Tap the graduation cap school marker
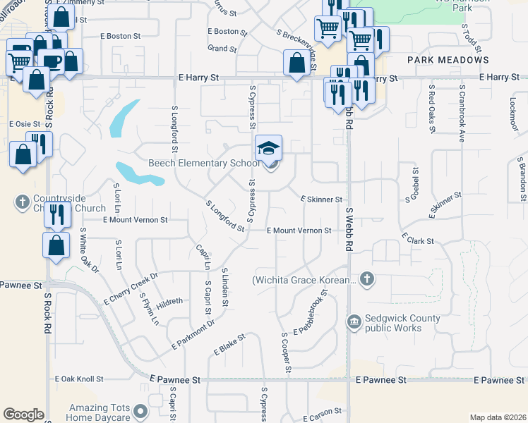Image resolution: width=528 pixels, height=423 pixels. tap(268, 148)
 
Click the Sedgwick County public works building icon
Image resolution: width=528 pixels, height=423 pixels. tap(354, 323)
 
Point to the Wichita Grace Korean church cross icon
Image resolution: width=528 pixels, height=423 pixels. tap(366, 280)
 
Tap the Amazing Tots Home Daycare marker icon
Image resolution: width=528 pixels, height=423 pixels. tap(140, 410)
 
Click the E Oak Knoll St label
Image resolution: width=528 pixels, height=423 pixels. tap(79, 379)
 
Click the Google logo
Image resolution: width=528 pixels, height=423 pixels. tap(23, 415)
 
